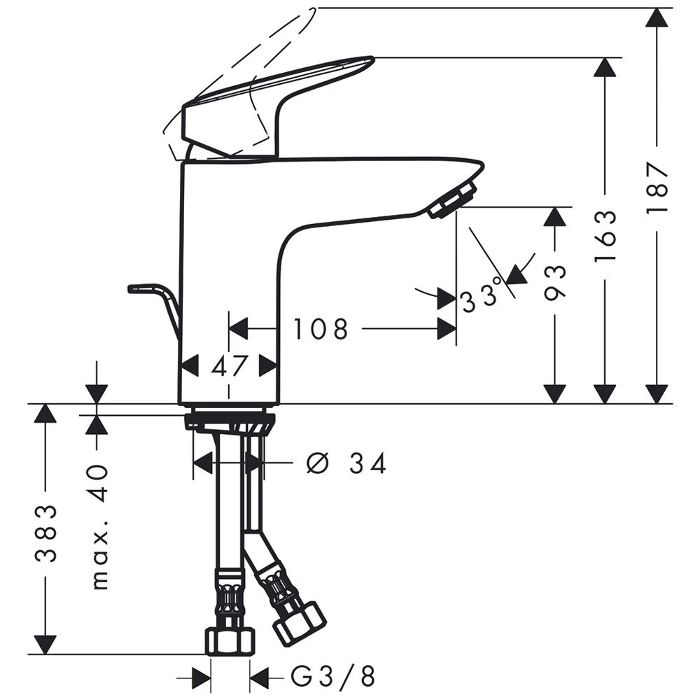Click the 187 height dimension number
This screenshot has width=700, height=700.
(x=657, y=188)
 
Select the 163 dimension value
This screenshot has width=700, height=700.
(x=605, y=235)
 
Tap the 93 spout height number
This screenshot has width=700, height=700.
(x=555, y=282)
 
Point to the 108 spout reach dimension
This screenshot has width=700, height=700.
(x=320, y=329)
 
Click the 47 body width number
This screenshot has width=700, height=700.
(x=229, y=367)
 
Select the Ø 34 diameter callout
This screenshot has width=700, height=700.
(x=346, y=463)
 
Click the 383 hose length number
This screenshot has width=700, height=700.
(x=46, y=534)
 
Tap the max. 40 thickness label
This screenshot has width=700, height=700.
(x=99, y=527)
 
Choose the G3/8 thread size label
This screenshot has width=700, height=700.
(x=332, y=676)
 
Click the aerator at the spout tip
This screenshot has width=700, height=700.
(x=451, y=200)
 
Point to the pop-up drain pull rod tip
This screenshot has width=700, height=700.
(x=130, y=289)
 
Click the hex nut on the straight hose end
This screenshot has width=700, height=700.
(x=230, y=641)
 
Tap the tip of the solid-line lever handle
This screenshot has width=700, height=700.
(x=372, y=58)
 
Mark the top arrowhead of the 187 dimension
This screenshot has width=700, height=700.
(x=657, y=17)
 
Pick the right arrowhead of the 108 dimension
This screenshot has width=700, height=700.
(x=447, y=329)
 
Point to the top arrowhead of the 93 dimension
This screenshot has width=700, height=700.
(x=555, y=216)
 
